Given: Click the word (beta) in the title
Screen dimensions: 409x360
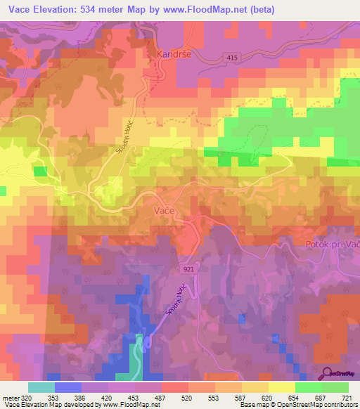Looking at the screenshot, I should click(x=259, y=10).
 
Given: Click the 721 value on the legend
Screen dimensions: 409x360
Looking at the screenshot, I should click(x=347, y=397).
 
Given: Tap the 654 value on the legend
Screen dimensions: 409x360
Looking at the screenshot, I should click(x=295, y=397).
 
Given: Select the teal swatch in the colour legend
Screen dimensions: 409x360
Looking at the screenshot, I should click(x=41, y=387).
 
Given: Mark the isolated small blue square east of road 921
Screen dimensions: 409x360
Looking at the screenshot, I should click(x=242, y=319).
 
